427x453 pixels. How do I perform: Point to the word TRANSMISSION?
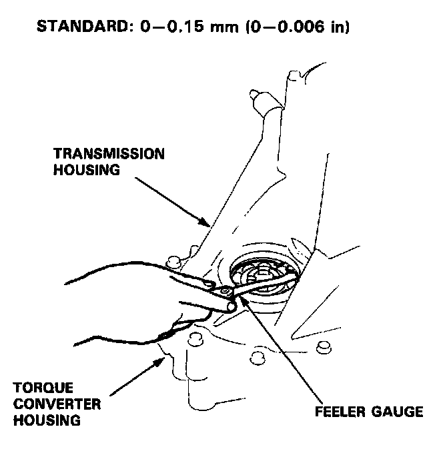109,154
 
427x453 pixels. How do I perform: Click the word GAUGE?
398,410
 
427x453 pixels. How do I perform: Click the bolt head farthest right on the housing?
323,346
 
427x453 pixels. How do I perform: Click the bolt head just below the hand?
195,337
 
